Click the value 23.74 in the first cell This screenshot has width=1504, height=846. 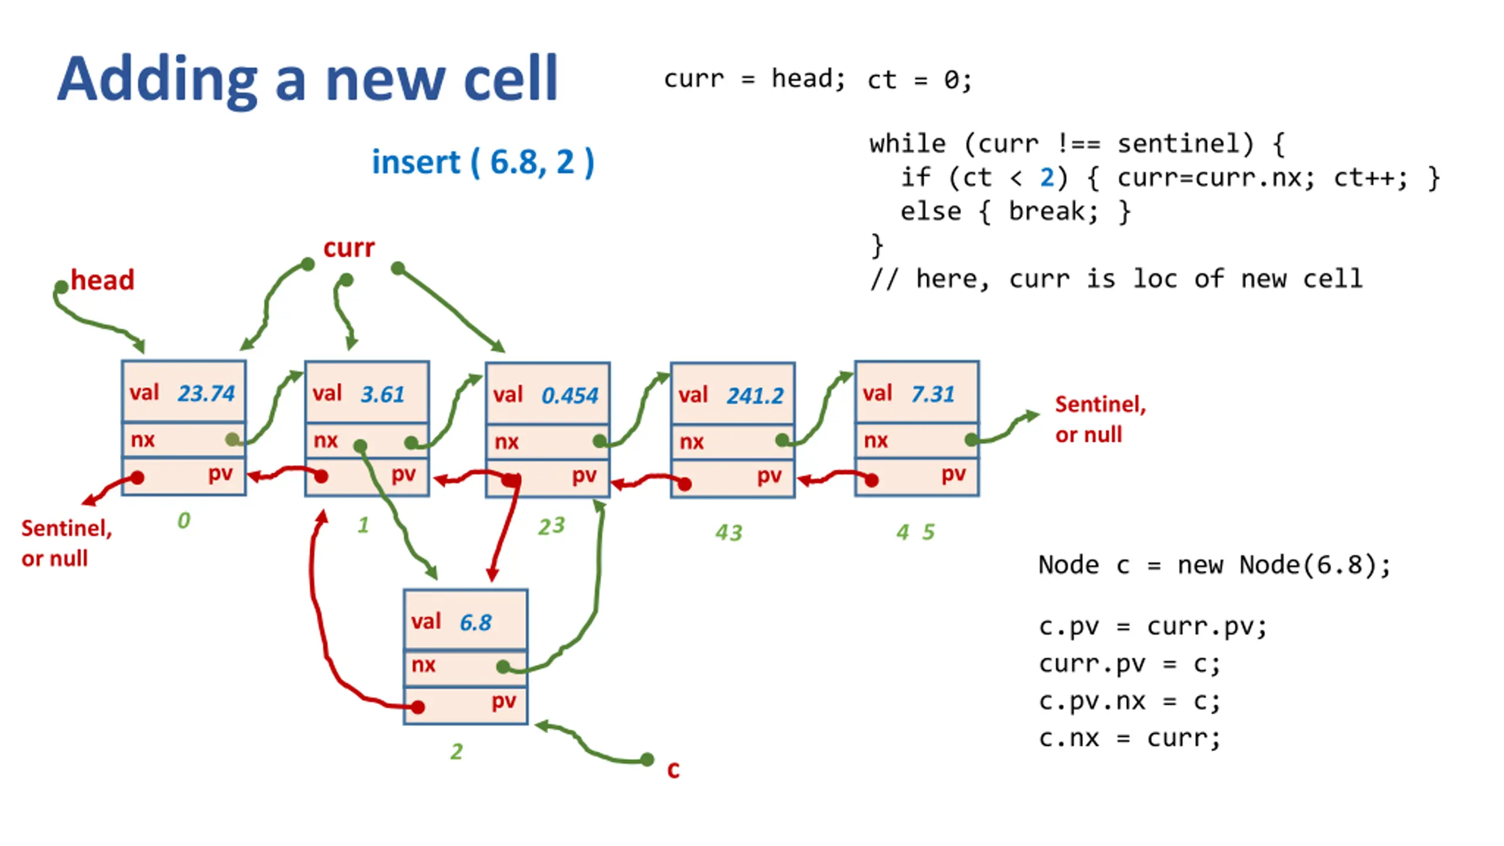(x=206, y=393)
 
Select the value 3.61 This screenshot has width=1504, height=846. (x=382, y=394)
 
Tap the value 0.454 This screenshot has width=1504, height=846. (x=569, y=395)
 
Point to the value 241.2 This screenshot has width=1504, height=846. (x=755, y=395)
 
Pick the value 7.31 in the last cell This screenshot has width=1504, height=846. (x=932, y=394)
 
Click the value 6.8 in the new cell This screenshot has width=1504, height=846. (x=475, y=622)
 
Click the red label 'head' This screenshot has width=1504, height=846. (x=102, y=280)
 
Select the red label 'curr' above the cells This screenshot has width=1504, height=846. (x=348, y=248)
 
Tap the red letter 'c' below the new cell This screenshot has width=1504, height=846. (x=673, y=770)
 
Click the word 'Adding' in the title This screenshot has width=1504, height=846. (x=157, y=80)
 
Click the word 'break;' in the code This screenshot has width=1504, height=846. (x=1053, y=211)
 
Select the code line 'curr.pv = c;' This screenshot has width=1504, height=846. (x=1129, y=664)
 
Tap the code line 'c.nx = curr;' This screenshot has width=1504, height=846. (x=1129, y=738)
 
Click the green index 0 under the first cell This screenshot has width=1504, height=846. (x=184, y=520)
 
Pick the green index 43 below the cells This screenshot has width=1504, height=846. (x=728, y=532)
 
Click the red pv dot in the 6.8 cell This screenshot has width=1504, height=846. (x=418, y=707)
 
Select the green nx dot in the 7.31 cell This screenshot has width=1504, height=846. (x=971, y=439)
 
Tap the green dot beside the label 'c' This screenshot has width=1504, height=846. (x=647, y=760)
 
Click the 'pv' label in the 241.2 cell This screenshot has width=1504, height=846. (x=769, y=475)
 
